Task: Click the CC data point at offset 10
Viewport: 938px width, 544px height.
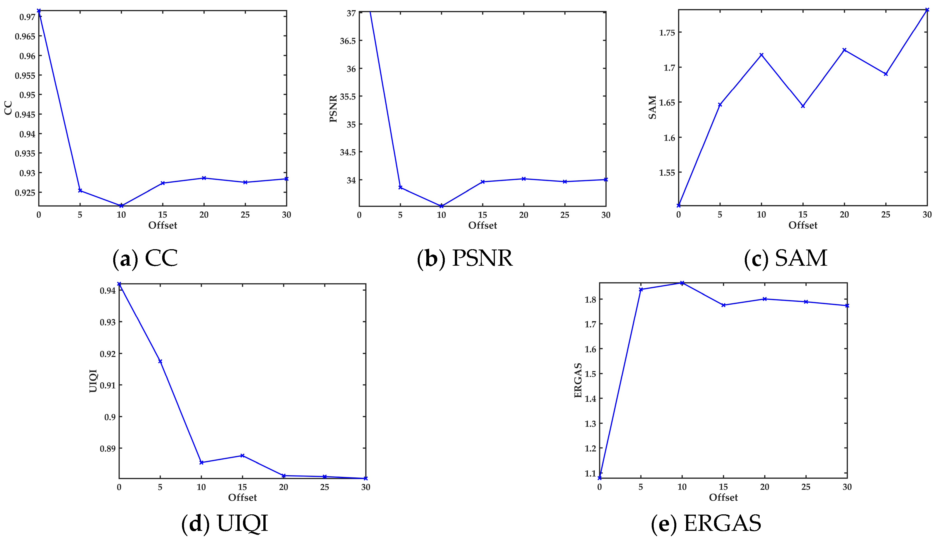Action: [x=121, y=206]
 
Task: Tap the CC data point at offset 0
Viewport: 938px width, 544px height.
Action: [x=39, y=11]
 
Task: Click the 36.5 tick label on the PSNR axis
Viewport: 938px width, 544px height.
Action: [x=348, y=41]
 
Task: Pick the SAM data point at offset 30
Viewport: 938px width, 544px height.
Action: [x=927, y=10]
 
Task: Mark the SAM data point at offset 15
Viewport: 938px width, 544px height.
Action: [x=803, y=106]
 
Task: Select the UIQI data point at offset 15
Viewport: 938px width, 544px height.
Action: [x=242, y=455]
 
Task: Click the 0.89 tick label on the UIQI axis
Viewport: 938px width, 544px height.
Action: [x=108, y=449]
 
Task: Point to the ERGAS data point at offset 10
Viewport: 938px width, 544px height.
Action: [x=682, y=283]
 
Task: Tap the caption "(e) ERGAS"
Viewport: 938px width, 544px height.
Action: [x=706, y=523]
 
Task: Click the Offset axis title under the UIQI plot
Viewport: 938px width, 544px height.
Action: [x=242, y=498]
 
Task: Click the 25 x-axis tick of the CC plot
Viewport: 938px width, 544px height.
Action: [x=245, y=215]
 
